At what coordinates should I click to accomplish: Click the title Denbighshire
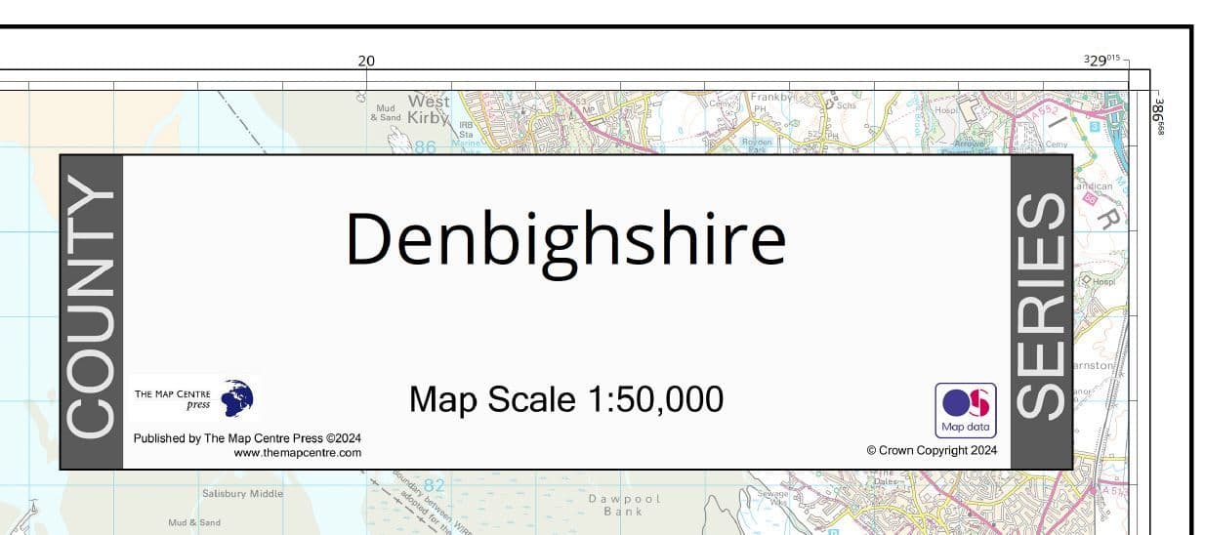tap(565, 240)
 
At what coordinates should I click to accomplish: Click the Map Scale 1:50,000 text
tap(565, 398)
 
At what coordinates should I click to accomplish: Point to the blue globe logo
tap(237, 398)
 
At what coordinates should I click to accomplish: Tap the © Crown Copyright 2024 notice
tap(931, 451)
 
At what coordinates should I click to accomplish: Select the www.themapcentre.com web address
tap(297, 453)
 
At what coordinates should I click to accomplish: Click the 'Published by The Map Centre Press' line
tap(247, 438)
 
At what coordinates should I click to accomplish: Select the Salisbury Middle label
tap(242, 494)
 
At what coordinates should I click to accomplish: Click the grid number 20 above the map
tap(366, 61)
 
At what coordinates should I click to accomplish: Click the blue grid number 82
tap(434, 485)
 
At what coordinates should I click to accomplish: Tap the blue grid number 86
tap(425, 147)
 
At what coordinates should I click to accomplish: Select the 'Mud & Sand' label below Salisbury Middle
tap(194, 523)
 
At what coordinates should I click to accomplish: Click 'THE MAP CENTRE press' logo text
tap(172, 398)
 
